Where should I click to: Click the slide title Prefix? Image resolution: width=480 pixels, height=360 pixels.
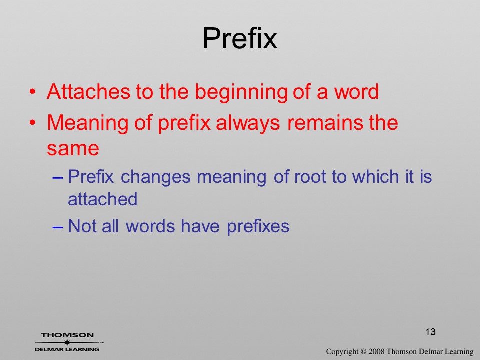(x=240, y=38)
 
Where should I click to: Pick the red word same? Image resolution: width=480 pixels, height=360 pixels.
(x=73, y=149)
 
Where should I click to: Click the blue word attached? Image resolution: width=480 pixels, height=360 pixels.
(x=103, y=199)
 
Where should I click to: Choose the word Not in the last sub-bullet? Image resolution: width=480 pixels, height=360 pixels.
(x=81, y=226)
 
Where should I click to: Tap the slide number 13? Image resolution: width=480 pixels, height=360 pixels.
(x=430, y=332)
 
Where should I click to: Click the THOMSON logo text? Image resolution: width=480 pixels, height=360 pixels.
(x=67, y=335)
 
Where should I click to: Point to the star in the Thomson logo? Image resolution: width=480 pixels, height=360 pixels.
(x=67, y=342)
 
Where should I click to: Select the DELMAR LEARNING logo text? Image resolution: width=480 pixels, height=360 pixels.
(x=67, y=349)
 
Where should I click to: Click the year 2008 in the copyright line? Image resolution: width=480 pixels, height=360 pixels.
(x=376, y=351)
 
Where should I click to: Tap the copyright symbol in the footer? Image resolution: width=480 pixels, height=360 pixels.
(x=363, y=351)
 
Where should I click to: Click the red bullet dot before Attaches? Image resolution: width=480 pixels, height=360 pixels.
(x=33, y=91)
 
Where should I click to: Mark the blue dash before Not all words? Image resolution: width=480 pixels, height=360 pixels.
(x=57, y=227)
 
